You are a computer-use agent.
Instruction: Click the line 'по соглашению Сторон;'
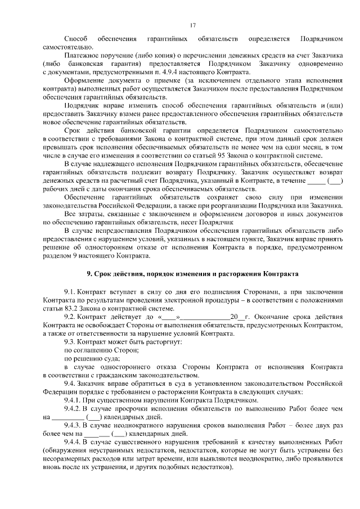tap(94, 350)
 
